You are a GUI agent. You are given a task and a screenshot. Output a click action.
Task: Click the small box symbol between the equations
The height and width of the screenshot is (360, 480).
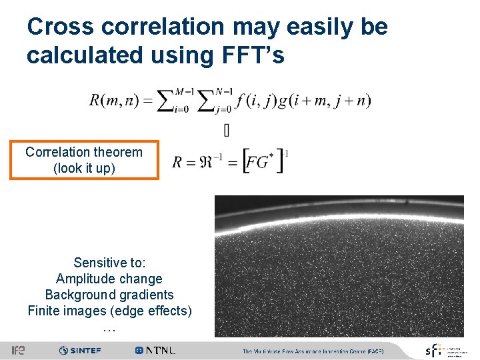pyautogui.click(x=227, y=131)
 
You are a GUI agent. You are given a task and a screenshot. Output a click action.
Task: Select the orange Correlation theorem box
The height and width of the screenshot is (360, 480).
pyautogui.click(x=84, y=160)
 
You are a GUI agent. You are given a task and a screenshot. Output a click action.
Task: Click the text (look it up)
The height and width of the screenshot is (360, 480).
pyautogui.click(x=84, y=168)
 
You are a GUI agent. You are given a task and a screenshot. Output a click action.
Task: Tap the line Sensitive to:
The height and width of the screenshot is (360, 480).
pyautogui.click(x=109, y=263)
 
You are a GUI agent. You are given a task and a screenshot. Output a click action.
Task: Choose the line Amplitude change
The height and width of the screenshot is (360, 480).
pyautogui.click(x=109, y=279)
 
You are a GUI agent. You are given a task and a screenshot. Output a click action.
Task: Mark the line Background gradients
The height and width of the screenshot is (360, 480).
pyautogui.click(x=109, y=295)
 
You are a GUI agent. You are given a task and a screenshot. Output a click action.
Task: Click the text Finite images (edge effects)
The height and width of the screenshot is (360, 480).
pyautogui.click(x=109, y=311)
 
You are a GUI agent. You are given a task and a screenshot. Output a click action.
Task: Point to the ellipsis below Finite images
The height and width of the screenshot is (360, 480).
pyautogui.click(x=109, y=328)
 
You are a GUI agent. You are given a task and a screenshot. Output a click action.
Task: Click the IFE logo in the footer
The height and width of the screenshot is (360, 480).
pyautogui.click(x=18, y=351)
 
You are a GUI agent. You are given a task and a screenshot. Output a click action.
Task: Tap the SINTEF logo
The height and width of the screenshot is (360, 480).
pyautogui.click(x=80, y=351)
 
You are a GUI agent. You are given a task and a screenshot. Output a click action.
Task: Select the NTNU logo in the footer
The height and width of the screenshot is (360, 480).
pyautogui.click(x=155, y=351)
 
